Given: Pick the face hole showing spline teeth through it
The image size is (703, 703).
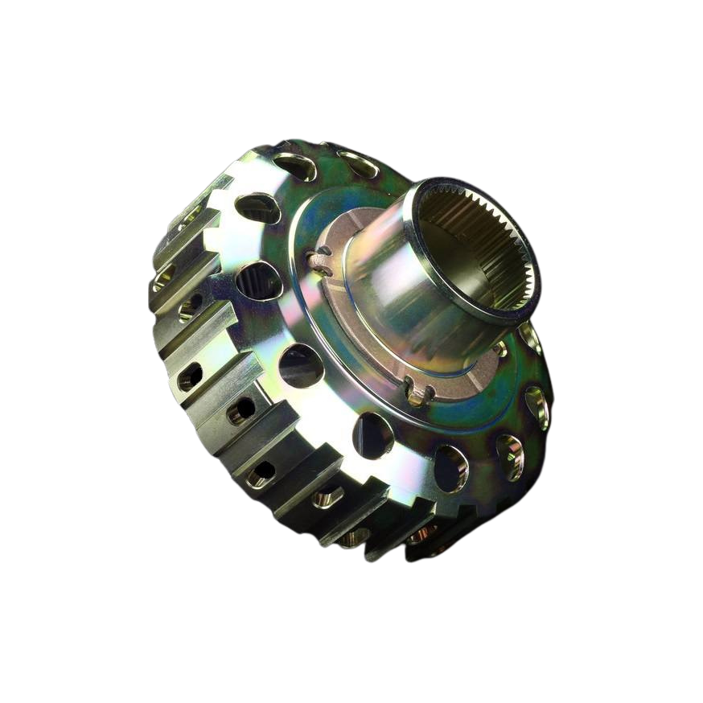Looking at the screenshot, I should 258,281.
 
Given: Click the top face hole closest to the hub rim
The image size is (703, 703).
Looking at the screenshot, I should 360,164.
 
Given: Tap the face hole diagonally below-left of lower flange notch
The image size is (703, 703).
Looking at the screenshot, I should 372,435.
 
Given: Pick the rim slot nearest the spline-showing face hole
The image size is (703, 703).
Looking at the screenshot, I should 191,306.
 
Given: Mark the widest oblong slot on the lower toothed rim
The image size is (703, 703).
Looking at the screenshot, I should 327,498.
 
